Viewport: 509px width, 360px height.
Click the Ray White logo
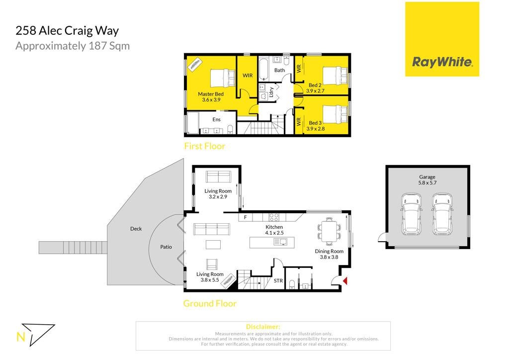click(442, 39)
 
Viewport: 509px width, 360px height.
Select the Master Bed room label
click(211, 94)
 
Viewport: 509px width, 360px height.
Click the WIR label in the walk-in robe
click(248, 75)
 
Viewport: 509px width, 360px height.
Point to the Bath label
click(279, 70)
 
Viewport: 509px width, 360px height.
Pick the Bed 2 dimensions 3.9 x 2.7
click(315, 91)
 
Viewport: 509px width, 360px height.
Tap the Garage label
click(427, 177)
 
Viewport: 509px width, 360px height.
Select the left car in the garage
click(412, 214)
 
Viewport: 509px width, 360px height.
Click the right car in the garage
click(442, 214)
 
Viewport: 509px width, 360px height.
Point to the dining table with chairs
click(329, 231)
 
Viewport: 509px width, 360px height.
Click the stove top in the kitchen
click(274, 217)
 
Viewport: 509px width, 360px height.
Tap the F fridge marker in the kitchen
click(246, 217)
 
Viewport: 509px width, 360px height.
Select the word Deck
click(136, 229)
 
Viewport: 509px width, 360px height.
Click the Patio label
click(166, 247)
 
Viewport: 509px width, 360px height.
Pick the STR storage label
click(278, 281)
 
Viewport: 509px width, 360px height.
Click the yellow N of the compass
click(20, 337)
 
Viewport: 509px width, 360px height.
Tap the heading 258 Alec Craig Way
click(67, 31)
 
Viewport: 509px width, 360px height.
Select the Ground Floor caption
click(210, 303)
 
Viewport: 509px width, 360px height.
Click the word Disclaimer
click(263, 327)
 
